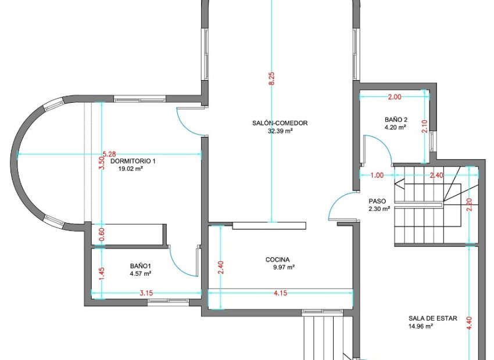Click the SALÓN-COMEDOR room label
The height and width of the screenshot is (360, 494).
point(280,123)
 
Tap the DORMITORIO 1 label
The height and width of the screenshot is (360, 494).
point(133,161)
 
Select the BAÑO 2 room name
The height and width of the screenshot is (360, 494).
point(396,120)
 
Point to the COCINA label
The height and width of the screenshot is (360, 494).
point(278,260)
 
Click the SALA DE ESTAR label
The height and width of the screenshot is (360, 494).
point(433,318)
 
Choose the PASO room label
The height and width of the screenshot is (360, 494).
point(377,201)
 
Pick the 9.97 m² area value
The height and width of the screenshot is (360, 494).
point(284,267)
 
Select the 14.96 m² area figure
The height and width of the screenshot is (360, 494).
point(421,326)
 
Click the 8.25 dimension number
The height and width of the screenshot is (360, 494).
point(272,78)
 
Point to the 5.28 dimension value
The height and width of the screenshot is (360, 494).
point(109,154)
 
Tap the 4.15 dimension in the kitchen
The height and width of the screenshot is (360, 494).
point(280,293)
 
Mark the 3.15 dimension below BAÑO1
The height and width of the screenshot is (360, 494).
point(146,293)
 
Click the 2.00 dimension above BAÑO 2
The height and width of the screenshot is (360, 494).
point(395,97)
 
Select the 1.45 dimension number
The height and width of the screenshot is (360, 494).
point(102,273)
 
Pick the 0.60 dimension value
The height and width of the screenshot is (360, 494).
point(102,234)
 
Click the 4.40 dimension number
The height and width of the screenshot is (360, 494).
point(469,323)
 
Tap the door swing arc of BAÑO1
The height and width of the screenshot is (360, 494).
point(177,265)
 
